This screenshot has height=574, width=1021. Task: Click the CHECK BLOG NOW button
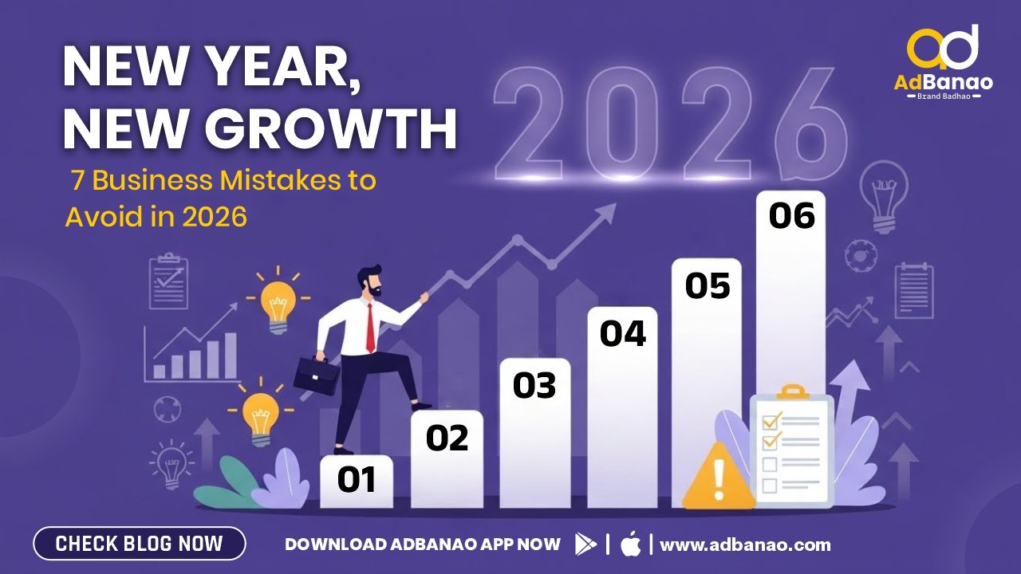pos(140,544)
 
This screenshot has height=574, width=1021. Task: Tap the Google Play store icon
pos(585,544)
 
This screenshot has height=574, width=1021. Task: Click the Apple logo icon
pos(630,544)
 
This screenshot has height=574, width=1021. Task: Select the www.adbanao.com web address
pos(745,545)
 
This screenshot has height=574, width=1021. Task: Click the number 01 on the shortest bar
pos(357,479)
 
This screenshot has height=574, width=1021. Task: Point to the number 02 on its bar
pos(447,438)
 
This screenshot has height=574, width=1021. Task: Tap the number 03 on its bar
pos(534,385)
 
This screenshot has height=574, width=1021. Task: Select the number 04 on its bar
pos(623,333)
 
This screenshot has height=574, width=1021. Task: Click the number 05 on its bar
pos(708,285)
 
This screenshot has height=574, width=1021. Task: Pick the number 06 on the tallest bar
pos(792,215)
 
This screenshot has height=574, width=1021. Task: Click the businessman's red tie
pos(371,327)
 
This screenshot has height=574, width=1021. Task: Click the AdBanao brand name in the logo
pos(943,82)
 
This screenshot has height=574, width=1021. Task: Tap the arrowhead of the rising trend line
pos(605,213)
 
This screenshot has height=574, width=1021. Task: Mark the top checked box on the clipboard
pos(771,422)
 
